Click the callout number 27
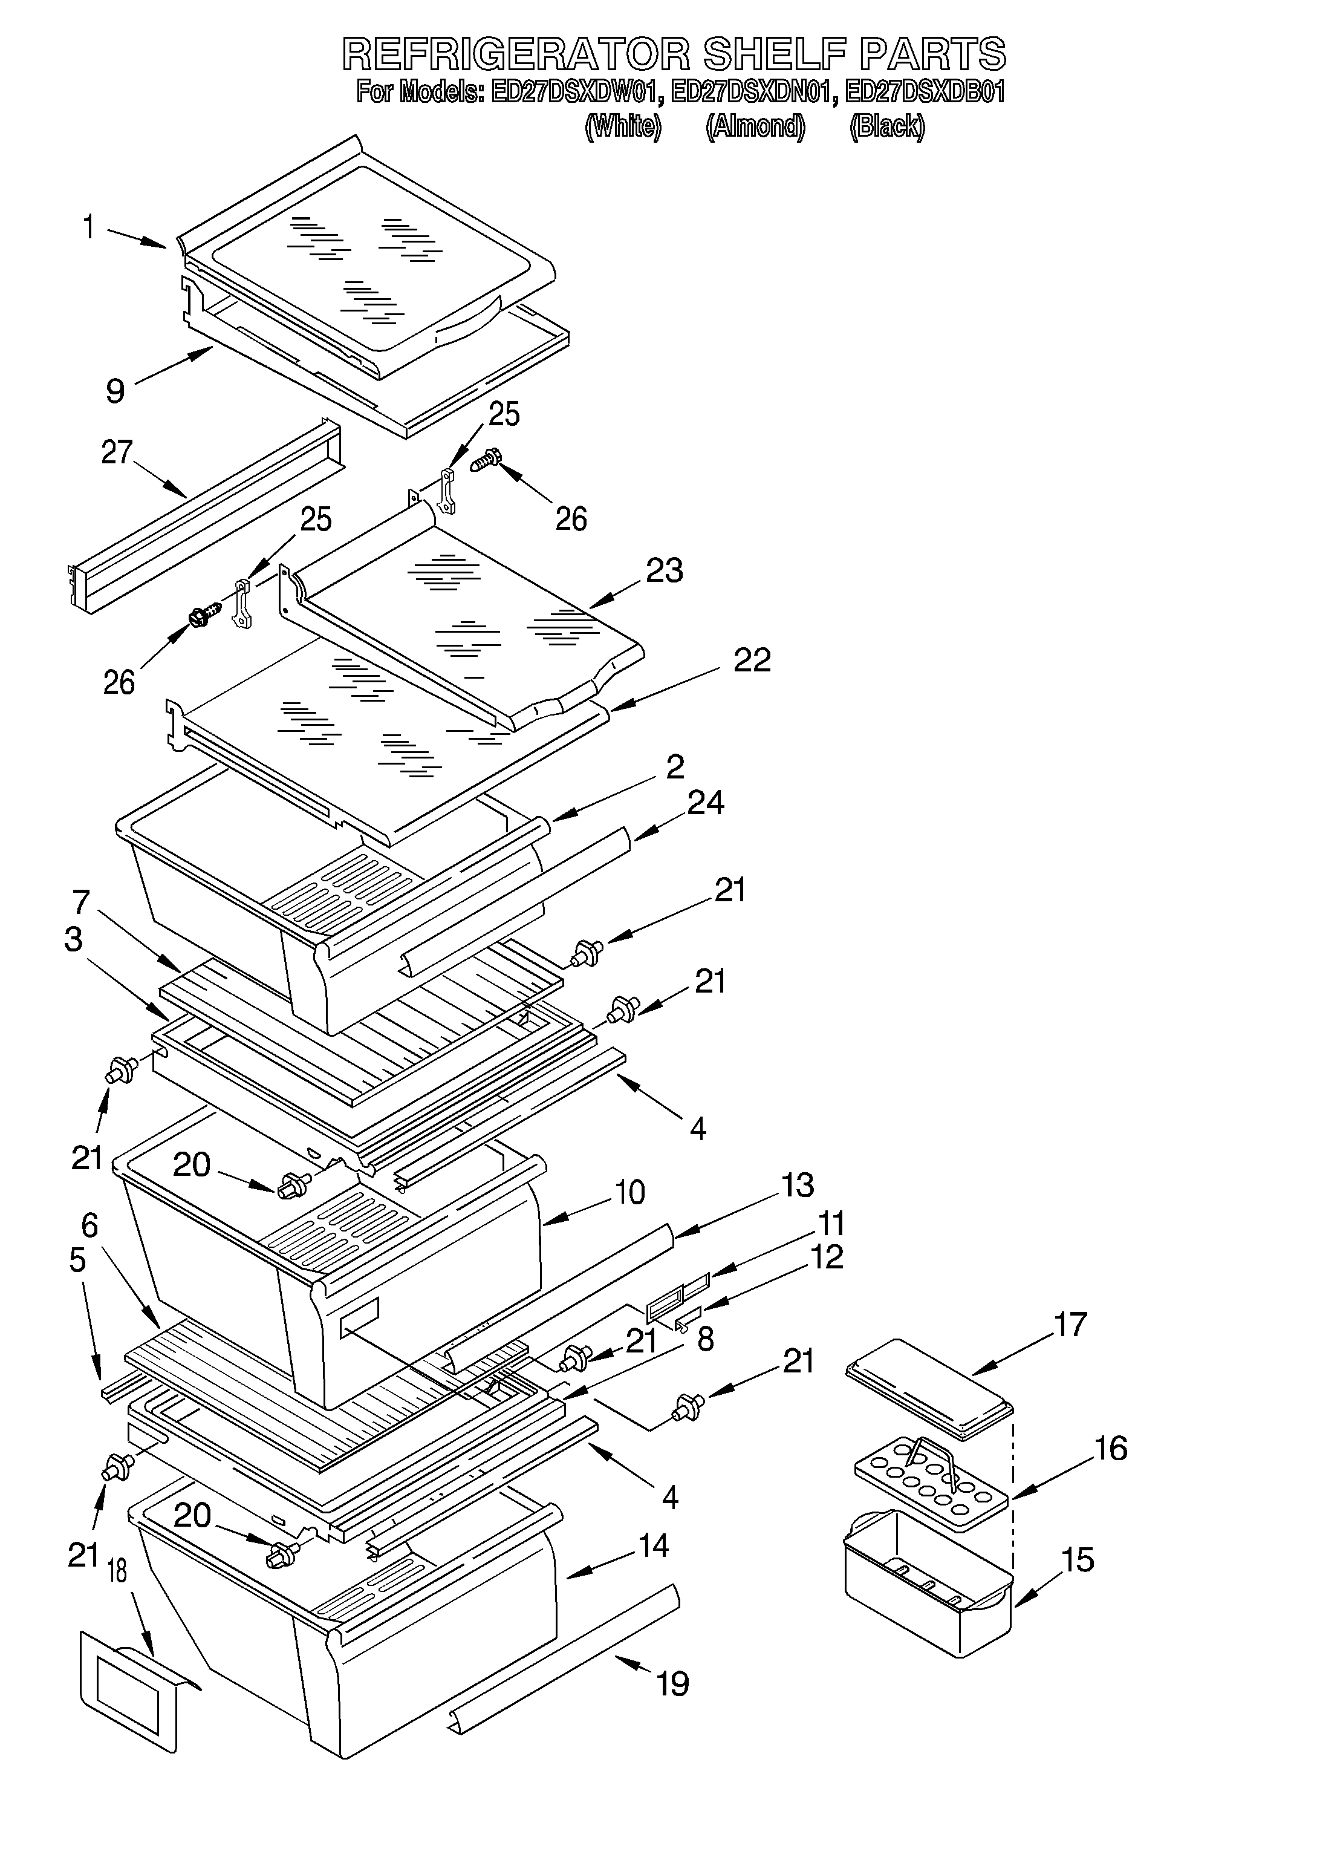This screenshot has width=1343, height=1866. click(x=117, y=452)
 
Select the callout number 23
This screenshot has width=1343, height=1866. click(x=665, y=570)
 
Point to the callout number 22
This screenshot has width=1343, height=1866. click(x=752, y=660)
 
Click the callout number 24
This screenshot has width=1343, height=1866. click(x=706, y=802)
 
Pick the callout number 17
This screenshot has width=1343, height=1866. click(x=1070, y=1325)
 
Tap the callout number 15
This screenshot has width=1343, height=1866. click(x=1078, y=1559)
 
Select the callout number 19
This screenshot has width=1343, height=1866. click(x=673, y=1683)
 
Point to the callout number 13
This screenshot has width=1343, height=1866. click(x=797, y=1186)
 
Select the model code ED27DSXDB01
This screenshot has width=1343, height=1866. click(x=925, y=92)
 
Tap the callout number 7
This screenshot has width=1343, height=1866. click(x=80, y=902)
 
